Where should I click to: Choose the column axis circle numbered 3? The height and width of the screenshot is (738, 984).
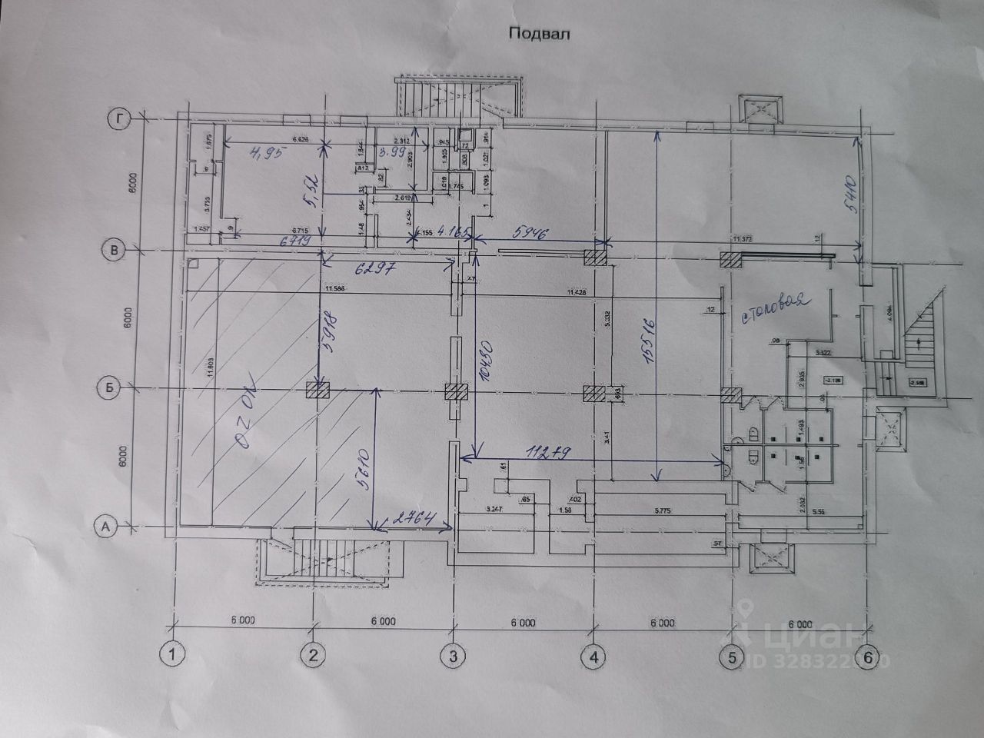(x=453, y=656)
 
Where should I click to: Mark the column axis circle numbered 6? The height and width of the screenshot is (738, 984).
(x=868, y=658)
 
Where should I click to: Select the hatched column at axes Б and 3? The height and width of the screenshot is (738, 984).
(x=457, y=391)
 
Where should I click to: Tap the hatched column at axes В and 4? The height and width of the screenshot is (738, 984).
(x=597, y=257)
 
